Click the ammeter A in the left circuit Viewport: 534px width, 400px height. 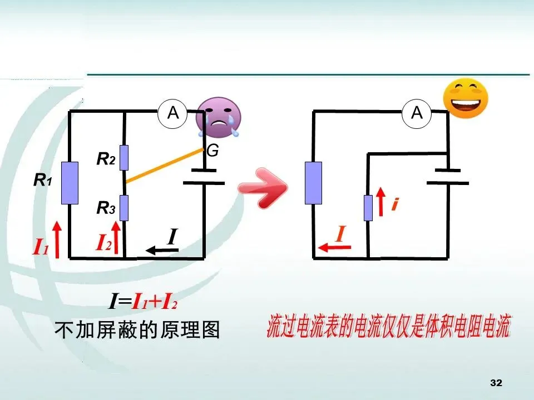coord(173,113)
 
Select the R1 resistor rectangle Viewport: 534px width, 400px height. coord(70,183)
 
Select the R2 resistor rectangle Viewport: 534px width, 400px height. coord(125,157)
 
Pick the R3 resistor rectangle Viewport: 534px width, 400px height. coord(125,208)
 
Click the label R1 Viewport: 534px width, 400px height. coord(43,180)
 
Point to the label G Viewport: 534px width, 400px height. coord(212,151)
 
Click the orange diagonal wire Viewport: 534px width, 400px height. coord(164,165)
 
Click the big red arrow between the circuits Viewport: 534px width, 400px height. coord(262,188)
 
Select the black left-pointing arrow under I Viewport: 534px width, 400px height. coord(162,251)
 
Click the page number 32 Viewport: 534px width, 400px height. coord(496,383)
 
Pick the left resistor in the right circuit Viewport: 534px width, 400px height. coord(313,182)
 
